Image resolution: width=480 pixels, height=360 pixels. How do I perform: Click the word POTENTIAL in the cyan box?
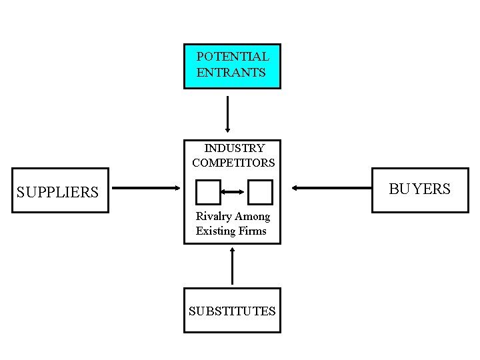tap(233, 57)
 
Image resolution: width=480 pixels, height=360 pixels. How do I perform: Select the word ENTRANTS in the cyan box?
tap(231, 73)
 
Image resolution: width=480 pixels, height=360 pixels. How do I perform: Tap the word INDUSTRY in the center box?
tap(234, 148)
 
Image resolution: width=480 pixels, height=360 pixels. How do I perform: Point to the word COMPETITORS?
tap(233, 163)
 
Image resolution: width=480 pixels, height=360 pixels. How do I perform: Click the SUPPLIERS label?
tap(57, 193)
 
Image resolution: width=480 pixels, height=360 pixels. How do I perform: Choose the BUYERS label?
tap(419, 189)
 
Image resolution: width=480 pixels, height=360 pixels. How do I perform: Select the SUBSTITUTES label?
tap(232, 311)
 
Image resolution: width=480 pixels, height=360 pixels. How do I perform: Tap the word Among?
tap(253, 217)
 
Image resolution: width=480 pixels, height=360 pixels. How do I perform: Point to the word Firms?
tap(253, 231)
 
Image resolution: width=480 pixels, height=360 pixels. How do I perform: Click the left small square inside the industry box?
tap(208, 192)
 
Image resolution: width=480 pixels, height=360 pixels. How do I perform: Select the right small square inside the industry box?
tap(260, 192)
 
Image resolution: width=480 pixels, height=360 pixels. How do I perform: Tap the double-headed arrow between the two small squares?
tap(234, 192)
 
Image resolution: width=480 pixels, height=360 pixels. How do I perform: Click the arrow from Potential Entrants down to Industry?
tap(228, 114)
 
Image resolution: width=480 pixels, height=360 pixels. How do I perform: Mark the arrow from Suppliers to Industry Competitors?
tap(145, 188)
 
